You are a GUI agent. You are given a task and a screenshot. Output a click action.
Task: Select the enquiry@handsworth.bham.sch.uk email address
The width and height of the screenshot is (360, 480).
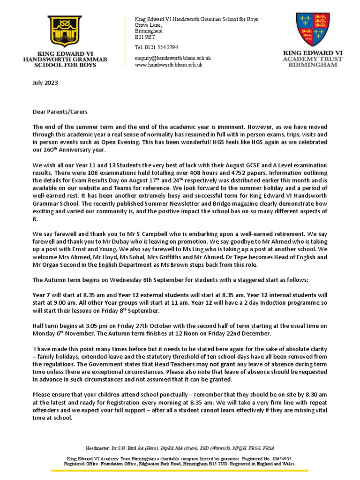click(x=172, y=58)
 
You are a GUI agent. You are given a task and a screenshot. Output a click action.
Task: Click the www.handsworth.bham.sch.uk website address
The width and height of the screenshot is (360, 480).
click(x=168, y=65)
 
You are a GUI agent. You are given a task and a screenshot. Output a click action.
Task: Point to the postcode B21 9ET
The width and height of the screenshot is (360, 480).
click(x=143, y=36)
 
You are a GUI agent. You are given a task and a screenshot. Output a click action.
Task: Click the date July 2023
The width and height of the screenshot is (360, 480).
click(x=44, y=83)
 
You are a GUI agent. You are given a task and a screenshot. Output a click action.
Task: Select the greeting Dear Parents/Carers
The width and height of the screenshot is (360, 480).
click(x=60, y=112)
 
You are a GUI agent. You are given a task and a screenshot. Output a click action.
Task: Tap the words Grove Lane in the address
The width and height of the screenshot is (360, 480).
click(x=148, y=25)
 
